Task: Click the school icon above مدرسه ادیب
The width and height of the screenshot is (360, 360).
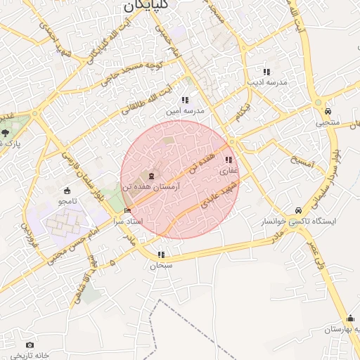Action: point(266,71)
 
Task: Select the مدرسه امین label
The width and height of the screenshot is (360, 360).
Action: point(184,110)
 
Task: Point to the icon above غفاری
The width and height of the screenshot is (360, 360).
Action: point(229,160)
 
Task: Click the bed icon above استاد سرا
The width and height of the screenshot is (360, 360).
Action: point(127,210)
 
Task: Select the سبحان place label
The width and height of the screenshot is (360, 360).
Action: point(161,266)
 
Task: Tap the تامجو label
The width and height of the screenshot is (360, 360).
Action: point(67,201)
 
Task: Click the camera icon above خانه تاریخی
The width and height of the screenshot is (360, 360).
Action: point(30,345)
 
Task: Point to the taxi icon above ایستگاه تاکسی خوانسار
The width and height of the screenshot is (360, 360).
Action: point(299,210)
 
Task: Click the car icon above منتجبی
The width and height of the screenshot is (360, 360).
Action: point(328,111)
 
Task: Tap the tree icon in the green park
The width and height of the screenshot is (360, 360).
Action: point(6,132)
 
